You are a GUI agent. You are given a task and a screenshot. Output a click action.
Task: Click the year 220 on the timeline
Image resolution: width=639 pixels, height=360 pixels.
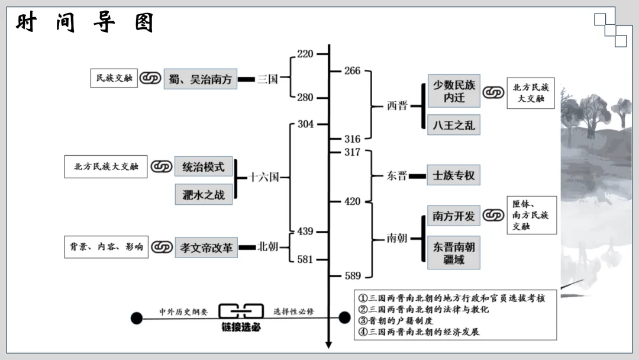click(x=305, y=54)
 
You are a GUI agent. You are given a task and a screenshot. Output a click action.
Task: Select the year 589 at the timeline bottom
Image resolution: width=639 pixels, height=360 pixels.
click(x=352, y=276)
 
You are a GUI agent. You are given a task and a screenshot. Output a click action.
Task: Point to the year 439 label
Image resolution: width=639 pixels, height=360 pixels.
click(x=305, y=232)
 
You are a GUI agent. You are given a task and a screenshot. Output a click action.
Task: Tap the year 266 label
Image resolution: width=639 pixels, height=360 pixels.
click(x=352, y=71)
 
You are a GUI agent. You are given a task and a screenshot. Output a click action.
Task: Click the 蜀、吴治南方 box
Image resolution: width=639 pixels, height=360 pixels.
click(x=200, y=79)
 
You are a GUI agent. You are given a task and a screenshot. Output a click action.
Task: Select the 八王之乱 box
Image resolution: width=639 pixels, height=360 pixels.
click(x=453, y=126)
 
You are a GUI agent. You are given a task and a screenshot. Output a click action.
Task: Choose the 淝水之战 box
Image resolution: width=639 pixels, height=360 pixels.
click(x=203, y=194)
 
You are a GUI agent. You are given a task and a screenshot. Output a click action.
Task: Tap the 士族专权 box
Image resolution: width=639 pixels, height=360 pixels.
click(x=453, y=176)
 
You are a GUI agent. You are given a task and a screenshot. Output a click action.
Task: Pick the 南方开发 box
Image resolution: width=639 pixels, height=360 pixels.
click(x=453, y=216)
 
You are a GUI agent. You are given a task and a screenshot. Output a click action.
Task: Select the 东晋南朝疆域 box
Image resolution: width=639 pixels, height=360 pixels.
click(x=453, y=252)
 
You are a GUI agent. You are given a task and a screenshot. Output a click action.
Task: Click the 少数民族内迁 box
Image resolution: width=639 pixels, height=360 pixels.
click(x=453, y=91)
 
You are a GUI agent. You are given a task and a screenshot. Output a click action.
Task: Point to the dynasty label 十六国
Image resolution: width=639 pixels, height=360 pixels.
click(x=263, y=177)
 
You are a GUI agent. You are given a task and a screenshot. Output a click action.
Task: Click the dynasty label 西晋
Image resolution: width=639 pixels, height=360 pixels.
click(x=397, y=106)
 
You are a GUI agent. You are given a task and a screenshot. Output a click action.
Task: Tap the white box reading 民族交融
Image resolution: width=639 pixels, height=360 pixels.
click(x=114, y=78)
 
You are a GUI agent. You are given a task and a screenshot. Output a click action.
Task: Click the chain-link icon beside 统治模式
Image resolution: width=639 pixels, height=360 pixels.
click(x=161, y=167)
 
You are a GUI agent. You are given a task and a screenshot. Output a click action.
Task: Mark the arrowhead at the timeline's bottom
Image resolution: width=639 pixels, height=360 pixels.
click(x=329, y=345)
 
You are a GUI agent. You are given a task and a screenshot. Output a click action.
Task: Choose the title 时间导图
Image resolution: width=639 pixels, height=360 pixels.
click(x=85, y=23)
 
